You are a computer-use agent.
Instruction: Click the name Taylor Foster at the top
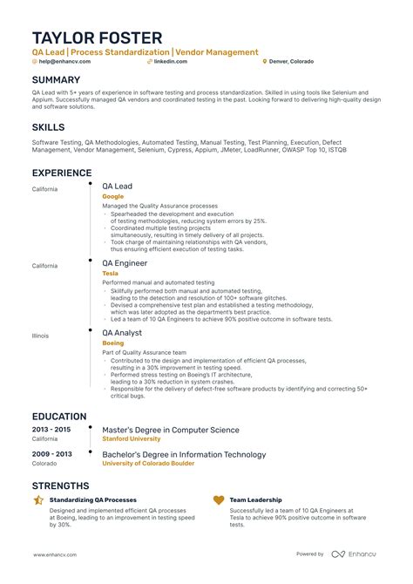point(97,37)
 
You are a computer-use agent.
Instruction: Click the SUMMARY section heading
point(57,79)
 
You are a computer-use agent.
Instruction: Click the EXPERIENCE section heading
point(65,173)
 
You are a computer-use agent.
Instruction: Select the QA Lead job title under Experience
point(117,187)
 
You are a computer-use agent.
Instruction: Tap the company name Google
point(112,197)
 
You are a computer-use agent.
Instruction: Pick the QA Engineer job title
point(125,263)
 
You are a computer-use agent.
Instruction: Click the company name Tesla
point(110,274)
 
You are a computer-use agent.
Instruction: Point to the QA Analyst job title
point(123,333)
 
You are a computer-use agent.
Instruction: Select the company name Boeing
point(112,343)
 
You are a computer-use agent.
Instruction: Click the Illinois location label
point(42,336)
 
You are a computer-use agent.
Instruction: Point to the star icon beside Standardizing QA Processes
point(38,500)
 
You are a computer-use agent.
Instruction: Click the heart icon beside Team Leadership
point(219,500)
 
